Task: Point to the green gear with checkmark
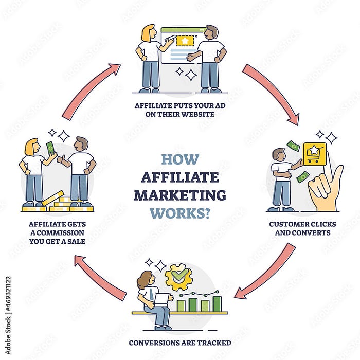pyautogui.click(x=178, y=278)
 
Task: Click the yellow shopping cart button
pyautogui.click(x=315, y=154)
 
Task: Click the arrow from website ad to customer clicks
pyautogui.click(x=270, y=93)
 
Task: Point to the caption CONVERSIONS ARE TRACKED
pyautogui.click(x=179, y=343)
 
